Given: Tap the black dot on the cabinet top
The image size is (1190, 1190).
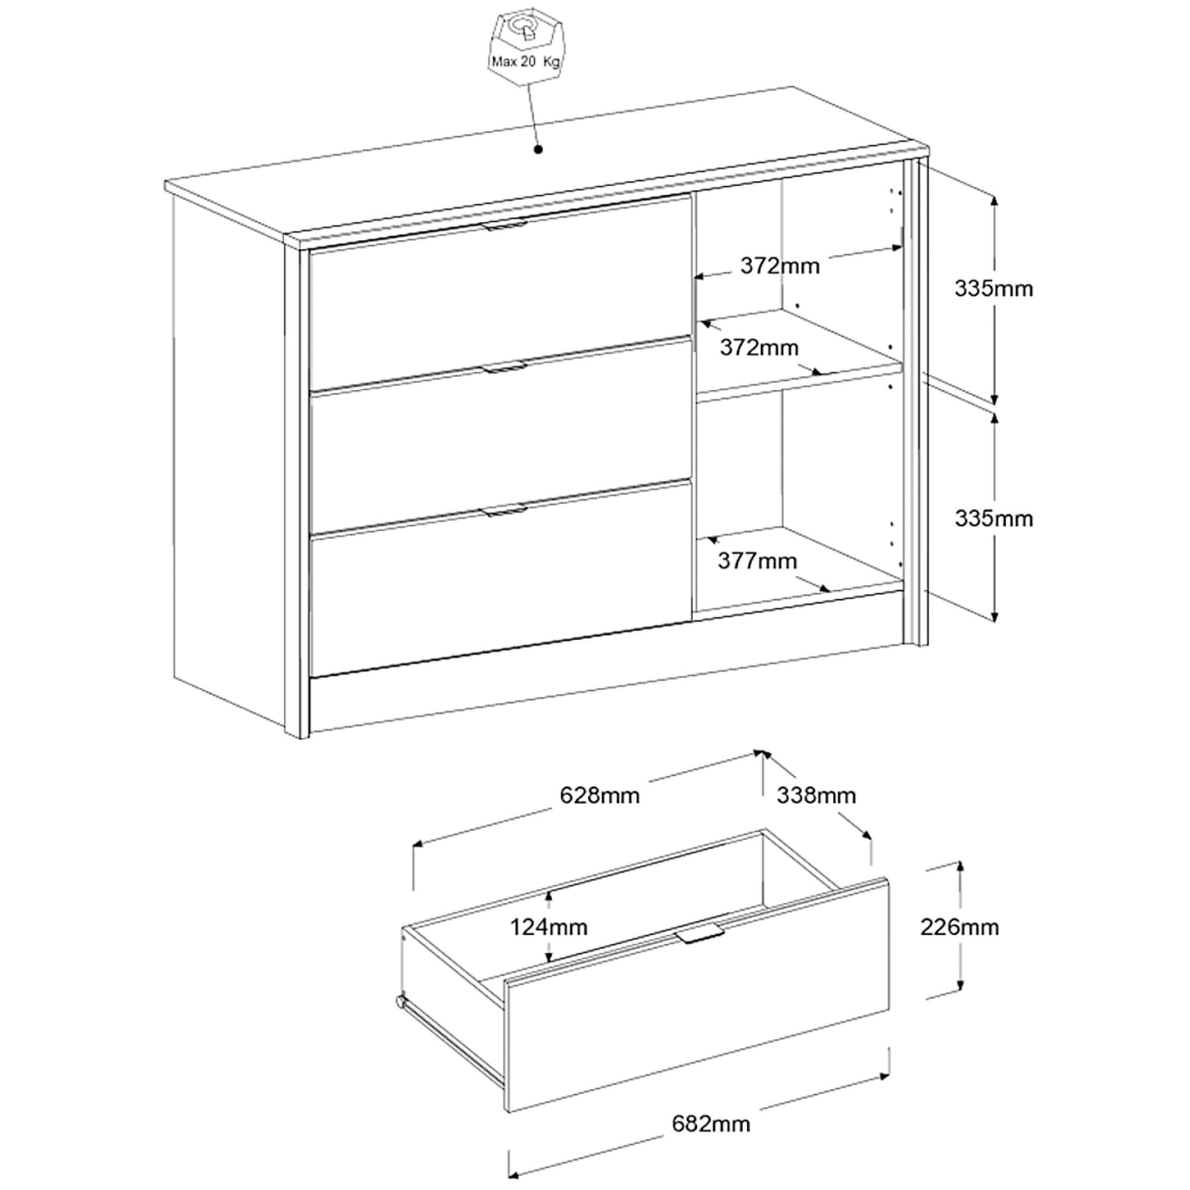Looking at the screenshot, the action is point(538,149).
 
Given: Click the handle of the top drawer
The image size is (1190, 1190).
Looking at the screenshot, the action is point(505,226).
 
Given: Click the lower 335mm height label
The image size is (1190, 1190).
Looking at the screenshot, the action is point(994,519).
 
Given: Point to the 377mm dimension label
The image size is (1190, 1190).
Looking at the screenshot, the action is point(757,560).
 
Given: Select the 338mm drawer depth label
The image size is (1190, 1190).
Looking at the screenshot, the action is point(816,795).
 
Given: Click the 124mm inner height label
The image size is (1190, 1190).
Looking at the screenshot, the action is point(549,927).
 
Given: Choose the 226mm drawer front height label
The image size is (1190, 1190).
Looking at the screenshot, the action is point(959,927).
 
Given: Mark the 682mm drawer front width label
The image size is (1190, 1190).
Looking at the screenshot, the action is point(711,1124).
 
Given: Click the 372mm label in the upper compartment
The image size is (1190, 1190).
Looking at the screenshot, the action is point(780,265).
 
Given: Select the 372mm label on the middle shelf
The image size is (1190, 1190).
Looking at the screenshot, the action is point(759,347).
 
